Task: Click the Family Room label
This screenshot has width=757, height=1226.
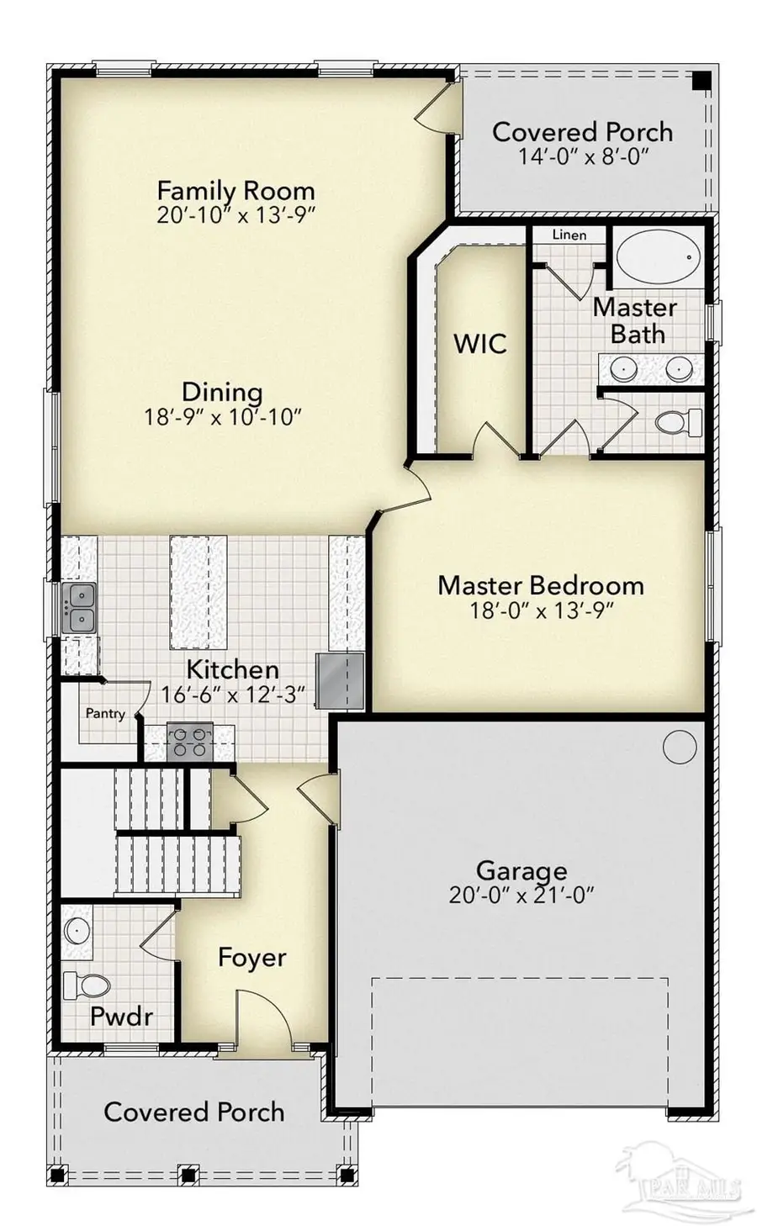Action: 236,190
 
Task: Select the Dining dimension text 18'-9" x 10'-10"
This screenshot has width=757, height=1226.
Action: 223,417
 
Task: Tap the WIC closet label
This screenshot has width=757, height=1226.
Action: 480,343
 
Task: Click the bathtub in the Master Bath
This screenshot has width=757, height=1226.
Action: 657,258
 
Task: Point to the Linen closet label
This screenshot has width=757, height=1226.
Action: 569,235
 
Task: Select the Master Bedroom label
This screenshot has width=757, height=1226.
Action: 540,585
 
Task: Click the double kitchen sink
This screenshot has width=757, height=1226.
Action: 79,608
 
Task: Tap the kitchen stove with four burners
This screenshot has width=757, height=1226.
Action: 188,742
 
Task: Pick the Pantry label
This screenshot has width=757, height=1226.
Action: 105,713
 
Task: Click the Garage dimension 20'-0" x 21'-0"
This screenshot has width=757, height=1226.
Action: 521,895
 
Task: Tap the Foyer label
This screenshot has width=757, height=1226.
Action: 251,958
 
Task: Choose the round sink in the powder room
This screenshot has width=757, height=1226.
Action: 78,930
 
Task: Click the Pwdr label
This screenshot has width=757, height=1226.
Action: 121,1017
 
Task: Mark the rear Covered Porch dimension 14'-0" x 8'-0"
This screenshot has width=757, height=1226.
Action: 582,156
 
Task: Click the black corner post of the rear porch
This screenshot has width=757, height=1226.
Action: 698,81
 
